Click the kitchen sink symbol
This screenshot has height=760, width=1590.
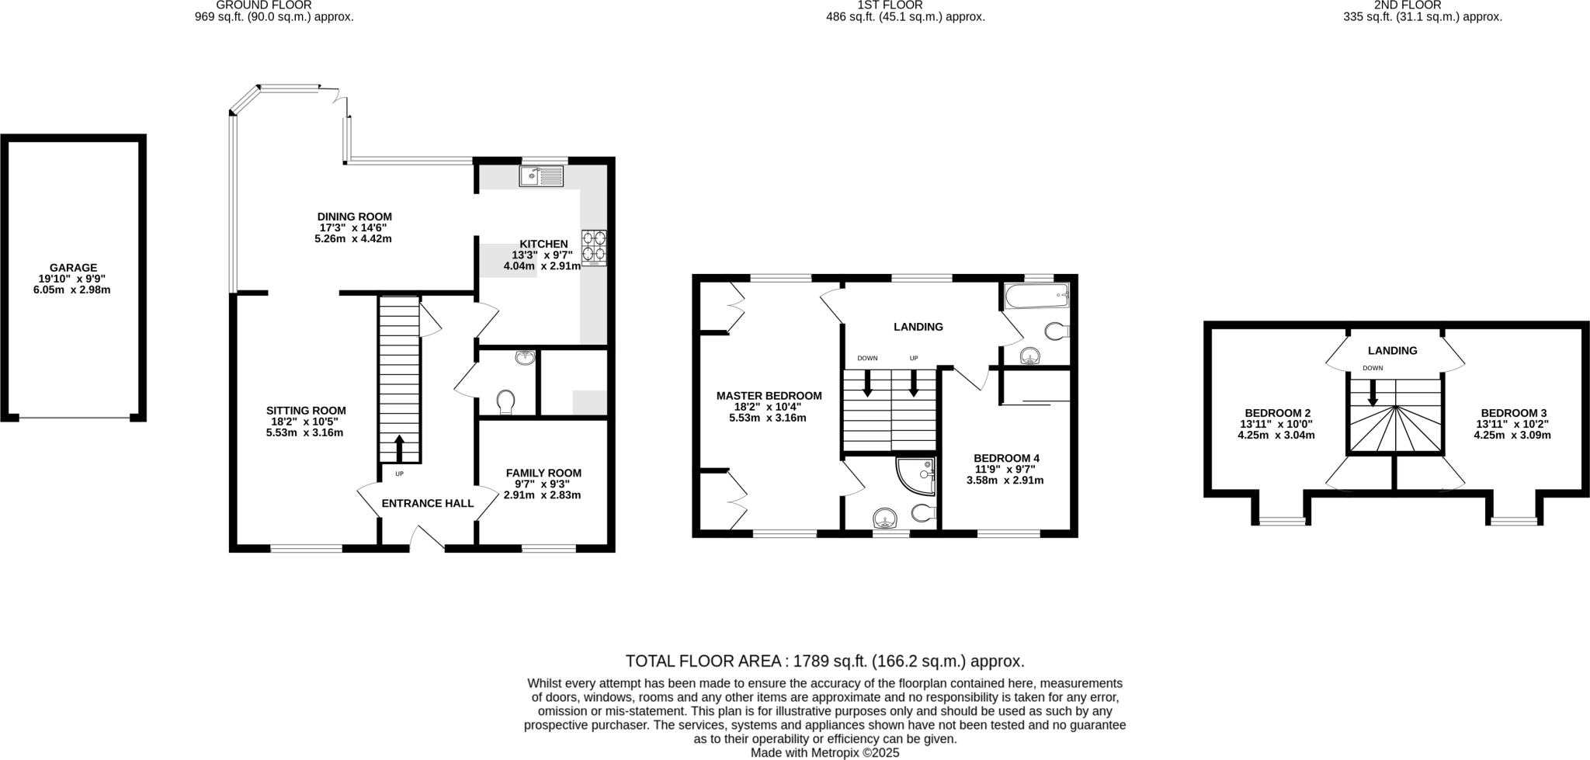click(541, 177)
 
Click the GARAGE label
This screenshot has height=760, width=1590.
click(74, 268)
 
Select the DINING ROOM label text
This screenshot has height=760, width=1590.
click(354, 217)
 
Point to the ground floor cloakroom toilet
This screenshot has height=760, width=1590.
click(505, 401)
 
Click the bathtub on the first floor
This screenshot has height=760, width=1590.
click(1036, 296)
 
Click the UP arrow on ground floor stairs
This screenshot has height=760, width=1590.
click(400, 448)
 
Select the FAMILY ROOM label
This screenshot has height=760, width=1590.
click(543, 473)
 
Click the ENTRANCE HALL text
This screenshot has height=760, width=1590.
click(427, 503)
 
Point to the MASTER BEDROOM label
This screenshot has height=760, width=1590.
click(769, 396)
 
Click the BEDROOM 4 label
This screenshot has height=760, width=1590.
click(1006, 458)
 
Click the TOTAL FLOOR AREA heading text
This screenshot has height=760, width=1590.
click(825, 661)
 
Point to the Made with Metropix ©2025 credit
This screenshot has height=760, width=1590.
click(825, 752)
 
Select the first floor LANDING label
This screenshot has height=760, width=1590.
click(918, 327)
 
